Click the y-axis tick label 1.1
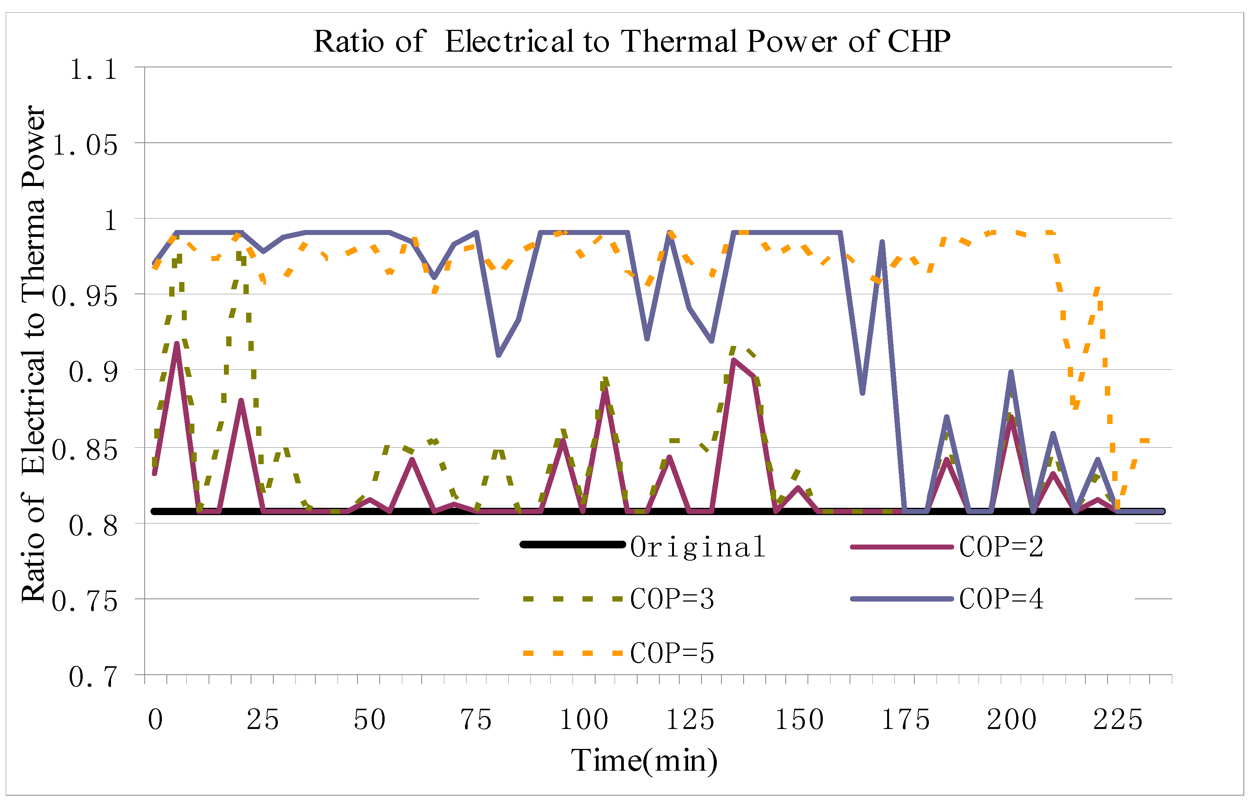tap(94, 69)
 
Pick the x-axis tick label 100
tap(584, 719)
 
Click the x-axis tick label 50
tap(370, 719)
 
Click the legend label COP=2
tap(1001, 546)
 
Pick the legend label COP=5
tap(672, 652)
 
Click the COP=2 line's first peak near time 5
tap(177, 344)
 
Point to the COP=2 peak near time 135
tap(734, 360)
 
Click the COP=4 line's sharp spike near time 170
tap(882, 242)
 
